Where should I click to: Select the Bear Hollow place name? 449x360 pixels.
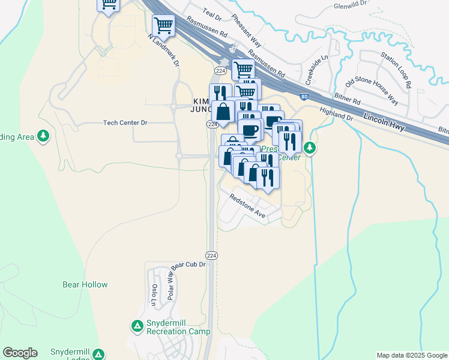(x=85, y=284)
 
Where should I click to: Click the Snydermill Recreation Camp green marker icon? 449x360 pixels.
(x=137, y=326)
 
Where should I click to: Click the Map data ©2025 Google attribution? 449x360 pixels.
(x=411, y=355)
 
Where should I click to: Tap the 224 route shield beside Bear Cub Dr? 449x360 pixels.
(x=211, y=255)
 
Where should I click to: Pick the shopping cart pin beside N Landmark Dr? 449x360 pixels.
(x=163, y=25)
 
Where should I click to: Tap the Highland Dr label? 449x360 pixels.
(x=336, y=113)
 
